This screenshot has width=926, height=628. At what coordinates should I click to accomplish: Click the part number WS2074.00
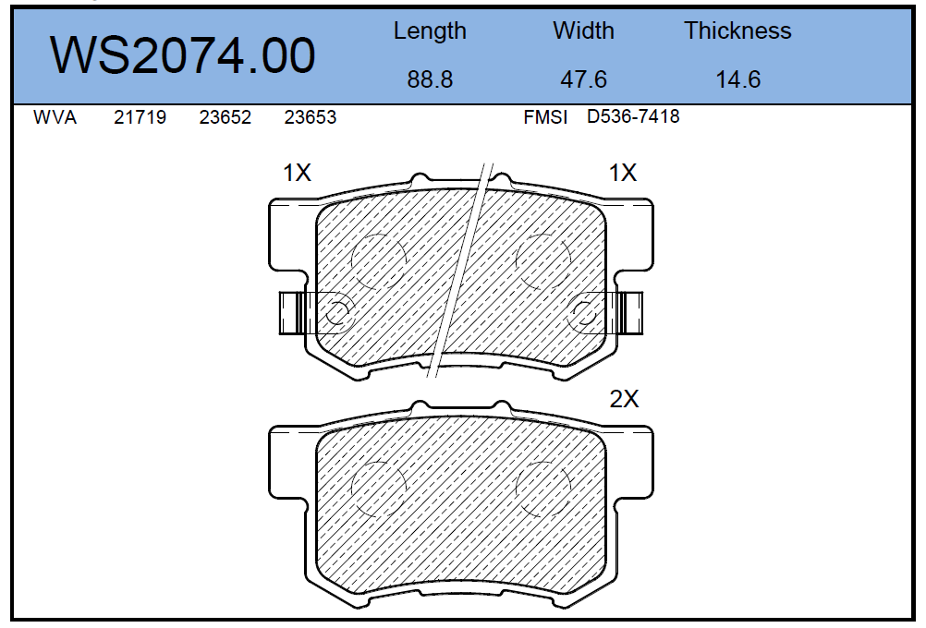[183, 54]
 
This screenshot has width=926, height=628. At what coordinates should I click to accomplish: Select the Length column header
[430, 31]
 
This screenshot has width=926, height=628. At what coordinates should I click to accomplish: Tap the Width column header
[583, 30]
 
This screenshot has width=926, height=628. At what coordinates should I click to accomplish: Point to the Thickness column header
[738, 30]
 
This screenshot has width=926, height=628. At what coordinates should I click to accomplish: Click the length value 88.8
[430, 79]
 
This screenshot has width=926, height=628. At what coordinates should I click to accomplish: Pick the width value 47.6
[583, 79]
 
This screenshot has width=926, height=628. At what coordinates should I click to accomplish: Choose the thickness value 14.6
[738, 79]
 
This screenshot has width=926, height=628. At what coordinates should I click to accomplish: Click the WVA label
[55, 117]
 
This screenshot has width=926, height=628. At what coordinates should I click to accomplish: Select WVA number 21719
[140, 117]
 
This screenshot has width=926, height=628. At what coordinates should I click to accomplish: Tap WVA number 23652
[225, 117]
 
